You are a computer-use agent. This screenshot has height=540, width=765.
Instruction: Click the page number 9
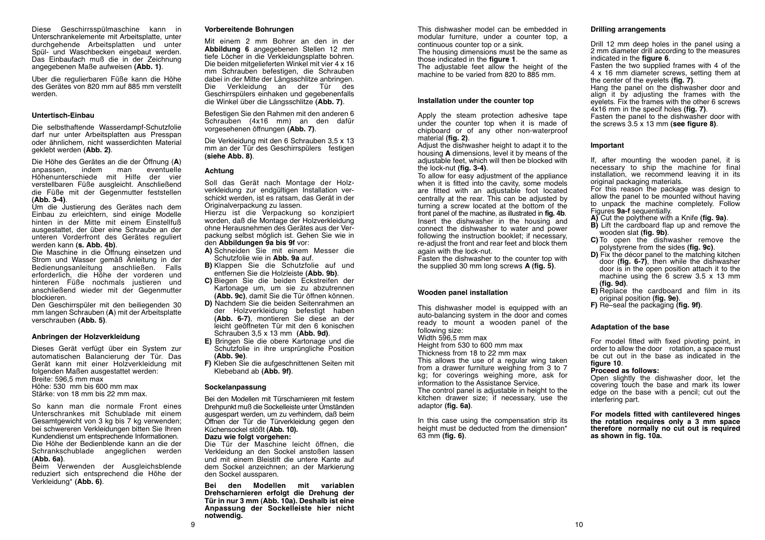(x=193, y=525)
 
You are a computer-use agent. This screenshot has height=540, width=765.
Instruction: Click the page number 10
(x=579, y=525)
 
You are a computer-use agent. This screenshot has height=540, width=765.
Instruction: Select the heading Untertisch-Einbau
(x=63, y=115)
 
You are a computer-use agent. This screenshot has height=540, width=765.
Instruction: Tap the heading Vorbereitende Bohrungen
(x=249, y=29)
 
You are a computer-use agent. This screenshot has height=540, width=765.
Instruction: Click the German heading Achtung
(x=219, y=171)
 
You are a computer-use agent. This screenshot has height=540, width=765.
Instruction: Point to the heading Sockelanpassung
(x=235, y=387)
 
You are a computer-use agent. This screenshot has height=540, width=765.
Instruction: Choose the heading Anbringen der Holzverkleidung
(x=86, y=337)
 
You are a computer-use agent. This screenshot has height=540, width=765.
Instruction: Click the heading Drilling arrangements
(x=628, y=29)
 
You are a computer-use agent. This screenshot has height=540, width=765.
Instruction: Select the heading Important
(x=607, y=145)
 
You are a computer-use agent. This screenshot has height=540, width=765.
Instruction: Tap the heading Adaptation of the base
(x=630, y=327)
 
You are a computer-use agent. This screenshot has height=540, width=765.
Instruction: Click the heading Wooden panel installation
(x=463, y=293)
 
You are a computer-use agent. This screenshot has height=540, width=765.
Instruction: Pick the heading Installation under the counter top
(x=476, y=101)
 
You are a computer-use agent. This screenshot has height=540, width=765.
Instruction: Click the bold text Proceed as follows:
(x=617, y=371)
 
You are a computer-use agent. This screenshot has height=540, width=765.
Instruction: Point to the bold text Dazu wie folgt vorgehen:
(x=247, y=437)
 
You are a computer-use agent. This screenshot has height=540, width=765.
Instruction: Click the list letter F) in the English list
(x=594, y=305)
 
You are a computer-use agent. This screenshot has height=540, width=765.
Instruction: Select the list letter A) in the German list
(x=208, y=251)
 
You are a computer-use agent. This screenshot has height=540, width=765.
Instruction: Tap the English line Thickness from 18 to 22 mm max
(x=472, y=353)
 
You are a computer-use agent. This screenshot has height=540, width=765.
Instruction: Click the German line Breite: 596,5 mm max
(x=67, y=379)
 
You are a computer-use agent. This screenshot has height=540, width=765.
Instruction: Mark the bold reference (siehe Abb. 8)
(x=229, y=156)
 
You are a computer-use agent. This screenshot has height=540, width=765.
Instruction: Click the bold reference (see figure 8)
(x=694, y=124)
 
